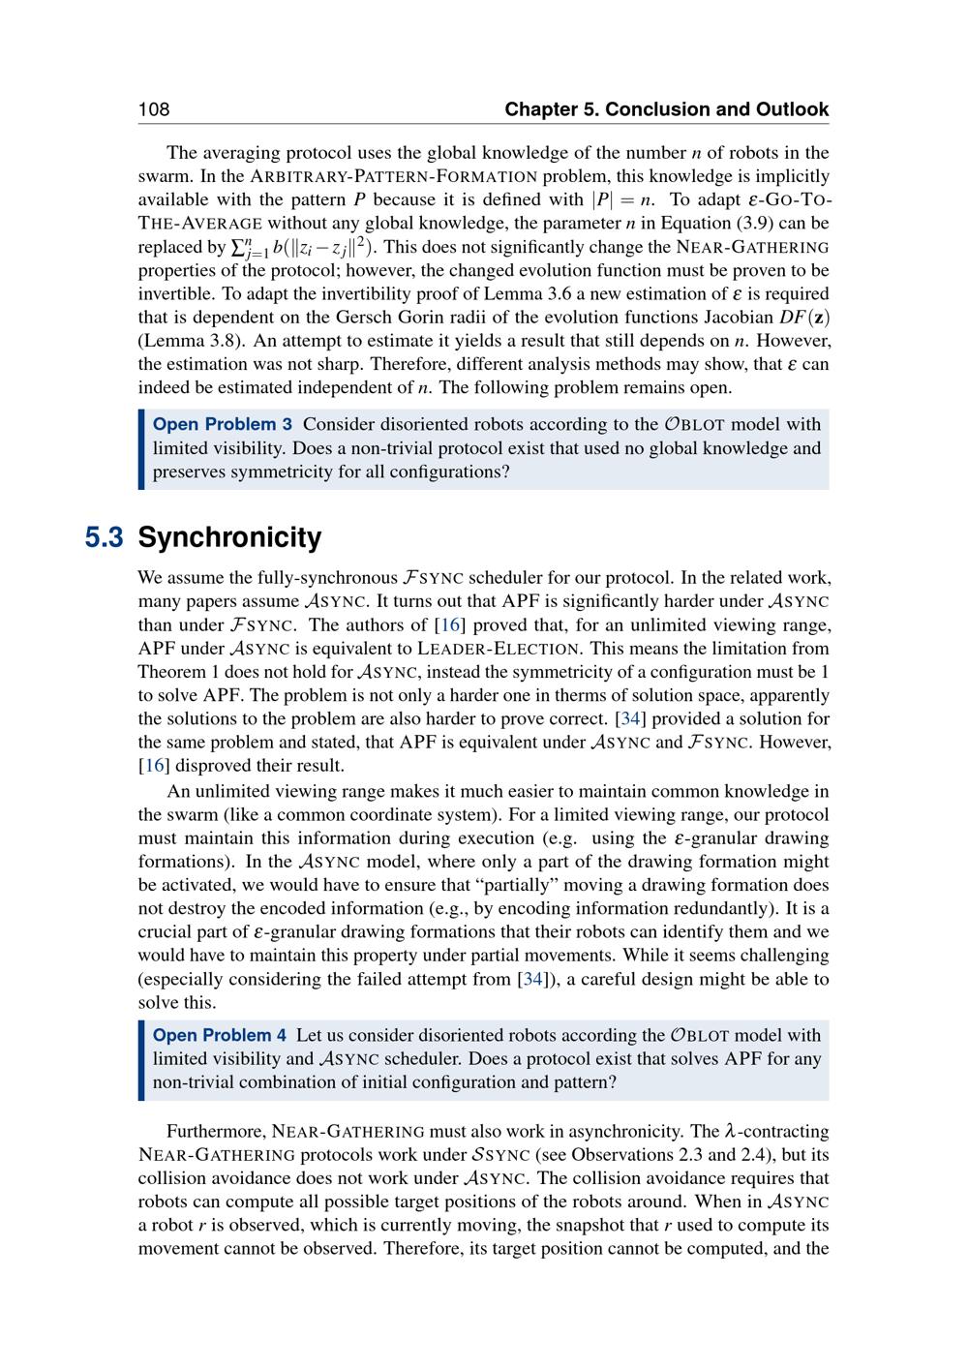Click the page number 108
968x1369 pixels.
pyautogui.click(x=154, y=109)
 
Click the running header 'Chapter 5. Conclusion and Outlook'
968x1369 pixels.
pyautogui.click(x=666, y=109)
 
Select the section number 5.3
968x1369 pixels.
pyautogui.click(x=104, y=537)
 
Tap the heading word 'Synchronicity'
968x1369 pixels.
pyautogui.click(x=229, y=537)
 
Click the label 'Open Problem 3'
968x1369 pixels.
pyautogui.click(x=223, y=424)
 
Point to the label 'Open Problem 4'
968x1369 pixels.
pyautogui.click(x=220, y=1035)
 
